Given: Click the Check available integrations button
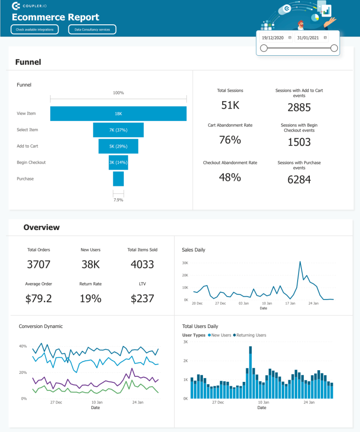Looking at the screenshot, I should tap(35, 30).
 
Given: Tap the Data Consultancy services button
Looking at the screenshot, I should tap(92, 30).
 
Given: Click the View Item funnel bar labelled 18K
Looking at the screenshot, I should tap(118, 113).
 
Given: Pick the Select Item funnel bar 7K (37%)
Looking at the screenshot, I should tap(118, 130).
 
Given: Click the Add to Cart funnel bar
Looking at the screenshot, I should tap(118, 146).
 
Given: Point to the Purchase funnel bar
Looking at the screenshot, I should tap(118, 179).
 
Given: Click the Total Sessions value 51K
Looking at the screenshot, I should tap(230, 105).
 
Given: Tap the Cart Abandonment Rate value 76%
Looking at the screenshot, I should tap(230, 140).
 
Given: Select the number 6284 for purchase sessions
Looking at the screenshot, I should tap(299, 179).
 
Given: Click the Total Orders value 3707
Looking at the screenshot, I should tap(38, 264).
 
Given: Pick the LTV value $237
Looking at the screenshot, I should tap(142, 298).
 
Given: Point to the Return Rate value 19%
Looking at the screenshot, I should tap(90, 298).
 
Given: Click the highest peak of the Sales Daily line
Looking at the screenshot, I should tap(300, 262).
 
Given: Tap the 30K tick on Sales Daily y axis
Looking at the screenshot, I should tap(185, 263).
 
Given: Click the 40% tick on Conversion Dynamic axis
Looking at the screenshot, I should tap(22, 346).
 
